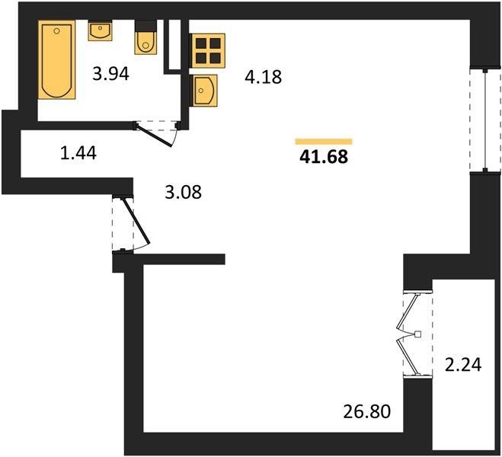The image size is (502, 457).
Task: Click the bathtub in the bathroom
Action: click(x=57, y=59)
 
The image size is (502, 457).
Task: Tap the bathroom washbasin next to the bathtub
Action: click(x=100, y=30)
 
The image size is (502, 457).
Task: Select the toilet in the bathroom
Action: click(x=145, y=37)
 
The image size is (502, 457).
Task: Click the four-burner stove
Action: click(x=207, y=50)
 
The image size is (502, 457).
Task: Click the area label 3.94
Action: click(x=110, y=74)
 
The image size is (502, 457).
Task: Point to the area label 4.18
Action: click(x=263, y=77)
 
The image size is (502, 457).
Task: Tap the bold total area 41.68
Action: click(x=324, y=157)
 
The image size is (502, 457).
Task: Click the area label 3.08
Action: click(x=183, y=193)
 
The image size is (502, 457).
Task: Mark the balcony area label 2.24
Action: click(x=463, y=365)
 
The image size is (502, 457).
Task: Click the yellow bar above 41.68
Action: click(x=324, y=142)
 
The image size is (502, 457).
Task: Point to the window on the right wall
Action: click(x=485, y=120)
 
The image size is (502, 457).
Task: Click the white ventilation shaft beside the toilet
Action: click(x=174, y=44)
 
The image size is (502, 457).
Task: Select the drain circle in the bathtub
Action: click(x=56, y=31)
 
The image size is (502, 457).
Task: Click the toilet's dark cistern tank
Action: click(x=145, y=26)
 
